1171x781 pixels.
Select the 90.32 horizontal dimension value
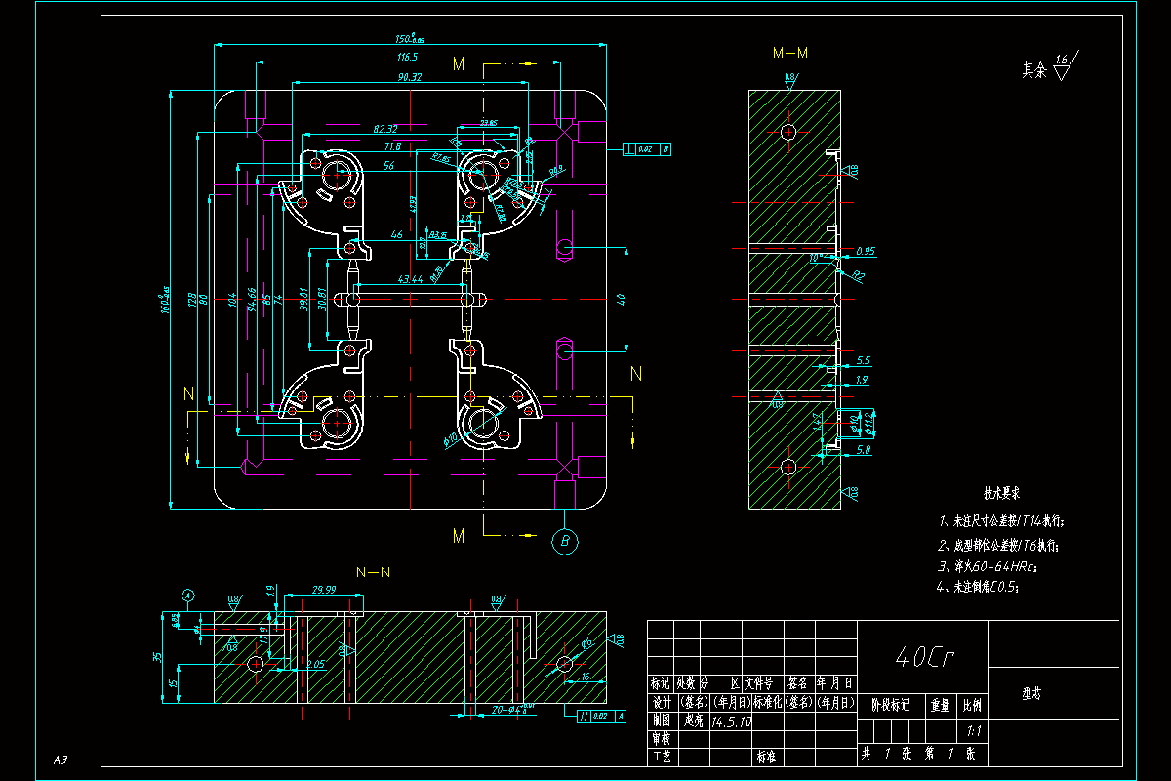409,77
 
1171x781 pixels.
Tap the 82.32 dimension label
384,129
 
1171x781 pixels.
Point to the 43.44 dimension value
410,279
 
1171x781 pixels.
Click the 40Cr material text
922,657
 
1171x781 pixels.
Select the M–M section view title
790,53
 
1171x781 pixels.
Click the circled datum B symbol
565,542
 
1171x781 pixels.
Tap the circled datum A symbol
188,595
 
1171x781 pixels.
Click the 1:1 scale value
973,729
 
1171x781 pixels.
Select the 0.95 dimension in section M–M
864,251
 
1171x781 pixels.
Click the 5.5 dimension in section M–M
863,360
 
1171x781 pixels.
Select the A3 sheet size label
61,760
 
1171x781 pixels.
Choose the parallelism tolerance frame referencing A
602,717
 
